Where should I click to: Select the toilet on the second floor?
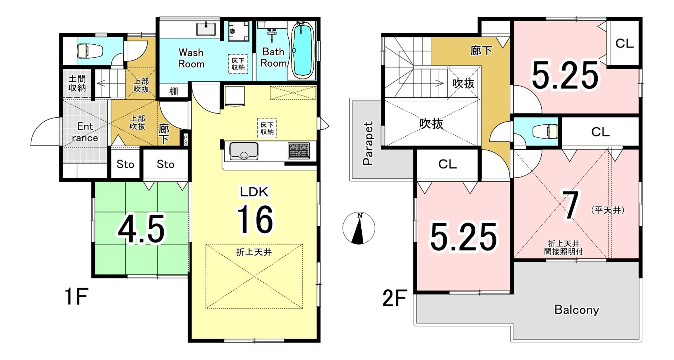tap(545, 131)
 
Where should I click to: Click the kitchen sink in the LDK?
tap(244, 151)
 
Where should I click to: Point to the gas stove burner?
tap(298, 151)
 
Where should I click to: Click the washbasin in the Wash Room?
tap(206, 29)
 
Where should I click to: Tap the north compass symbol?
tap(359, 228)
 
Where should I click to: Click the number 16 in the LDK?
tap(255, 219)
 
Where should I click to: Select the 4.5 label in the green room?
tap(142, 229)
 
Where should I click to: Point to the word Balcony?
tap(577, 310)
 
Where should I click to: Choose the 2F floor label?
tap(395, 298)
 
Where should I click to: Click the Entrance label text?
tap(85, 132)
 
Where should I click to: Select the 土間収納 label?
tap(77, 83)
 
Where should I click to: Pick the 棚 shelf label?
tap(173, 91)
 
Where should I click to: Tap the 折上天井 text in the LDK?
tap(254, 252)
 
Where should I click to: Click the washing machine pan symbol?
tap(239, 31)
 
